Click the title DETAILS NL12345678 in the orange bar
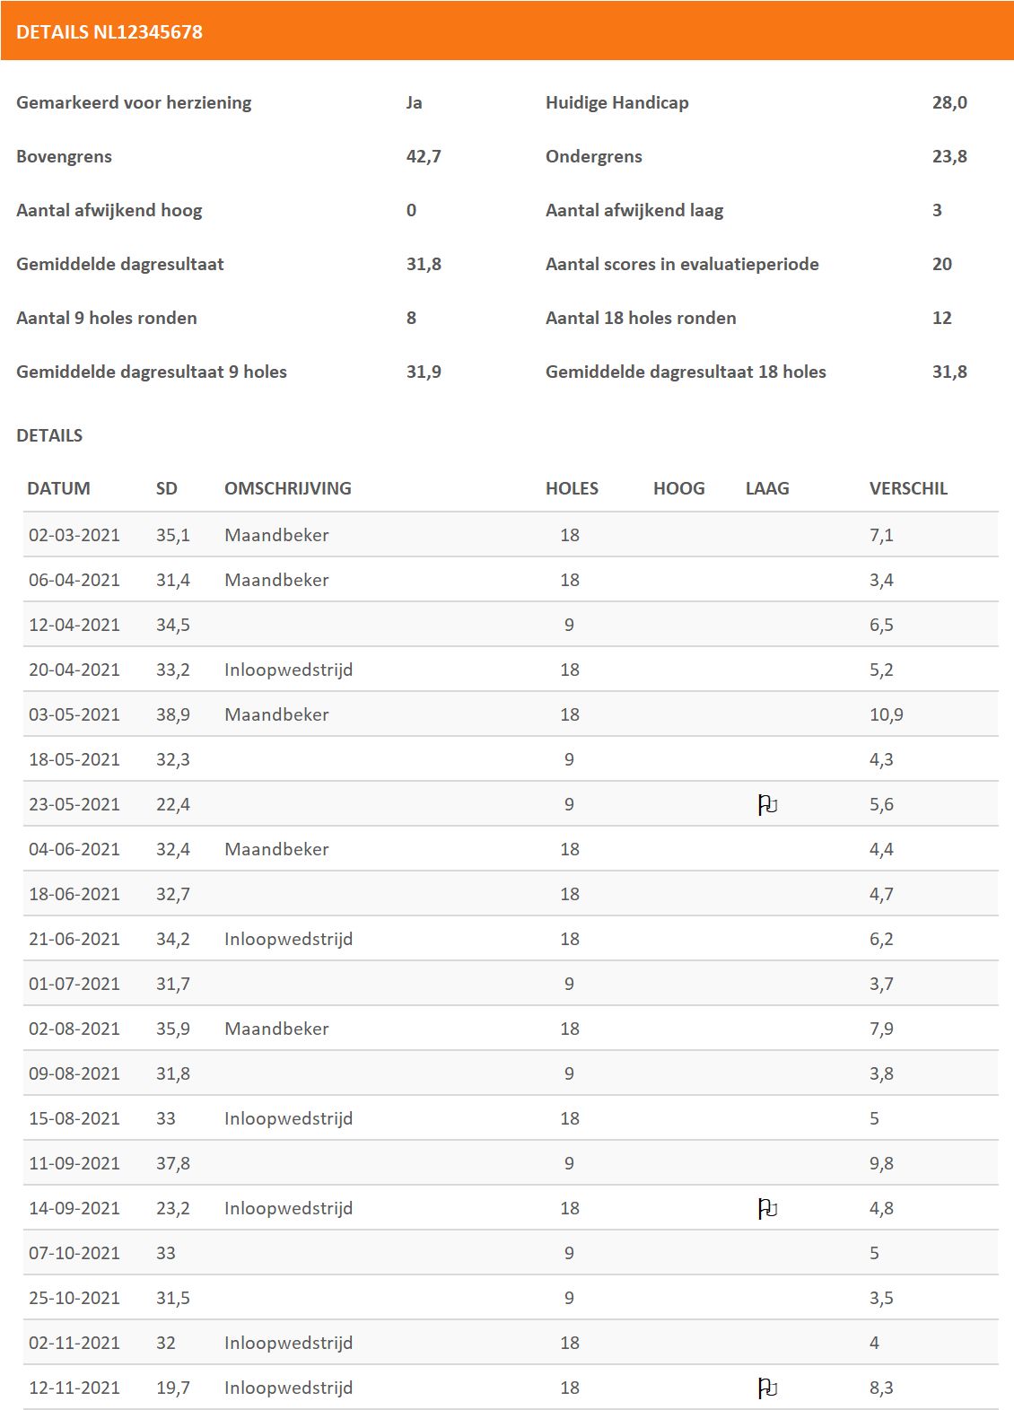pyautogui.click(x=109, y=32)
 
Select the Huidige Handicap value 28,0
pyautogui.click(x=949, y=102)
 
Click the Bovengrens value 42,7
pyautogui.click(x=424, y=156)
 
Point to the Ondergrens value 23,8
pyautogui.click(x=949, y=156)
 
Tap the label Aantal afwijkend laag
pyautogui.click(x=634, y=210)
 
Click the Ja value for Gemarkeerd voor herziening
pyautogui.click(x=414, y=102)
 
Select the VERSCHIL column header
pyautogui.click(x=908, y=488)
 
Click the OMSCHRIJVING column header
pyautogui.click(x=287, y=488)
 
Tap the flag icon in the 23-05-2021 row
pyautogui.click(x=767, y=805)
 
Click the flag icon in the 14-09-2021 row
pyautogui.click(x=767, y=1209)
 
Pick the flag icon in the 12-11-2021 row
pyautogui.click(x=767, y=1388)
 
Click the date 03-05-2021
pyautogui.click(x=74, y=714)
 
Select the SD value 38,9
pyautogui.click(x=173, y=714)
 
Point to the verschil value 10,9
pyautogui.click(x=886, y=714)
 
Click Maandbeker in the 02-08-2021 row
pyautogui.click(x=276, y=1029)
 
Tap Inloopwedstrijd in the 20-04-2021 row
pyautogui.click(x=288, y=670)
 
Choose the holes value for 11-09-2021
pyautogui.click(x=569, y=1163)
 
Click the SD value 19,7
pyautogui.click(x=173, y=1388)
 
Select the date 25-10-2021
pyautogui.click(x=74, y=1298)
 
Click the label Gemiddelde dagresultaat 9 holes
pyautogui.click(x=152, y=372)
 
